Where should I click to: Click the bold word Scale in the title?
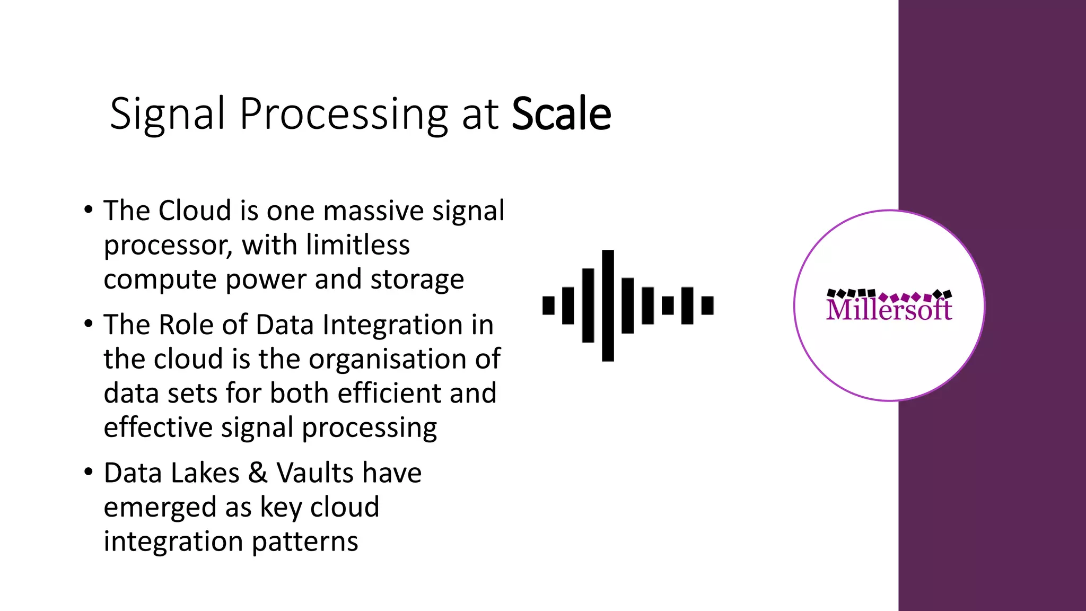pyautogui.click(x=561, y=114)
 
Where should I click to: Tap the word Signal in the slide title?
pyautogui.click(x=167, y=114)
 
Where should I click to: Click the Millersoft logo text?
pyautogui.click(x=889, y=309)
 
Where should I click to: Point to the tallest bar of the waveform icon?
pyautogui.click(x=608, y=305)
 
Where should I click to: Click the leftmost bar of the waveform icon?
pyautogui.click(x=548, y=305)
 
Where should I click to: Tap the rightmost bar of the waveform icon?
pyautogui.click(x=707, y=305)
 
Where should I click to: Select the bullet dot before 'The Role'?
pyautogui.click(x=89, y=324)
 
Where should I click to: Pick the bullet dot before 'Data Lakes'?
pyautogui.click(x=89, y=472)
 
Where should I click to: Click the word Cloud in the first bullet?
pyautogui.click(x=195, y=211)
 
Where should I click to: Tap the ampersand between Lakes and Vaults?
pyautogui.click(x=258, y=473)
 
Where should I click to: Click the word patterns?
pyautogui.click(x=305, y=542)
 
